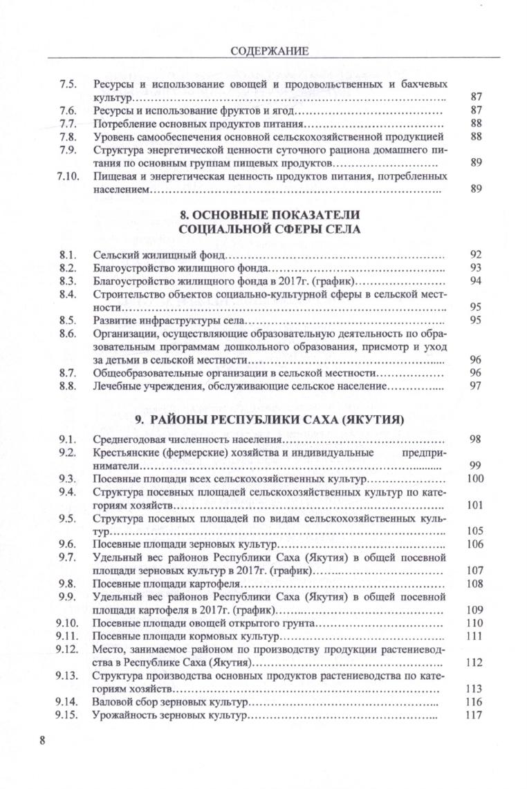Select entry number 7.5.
coord(67,84)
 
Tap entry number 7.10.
coord(65,176)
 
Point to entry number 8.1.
coord(67,254)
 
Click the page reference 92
coord(475,254)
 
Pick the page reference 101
coord(474,505)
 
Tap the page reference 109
coord(474,610)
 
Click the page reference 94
coord(475,281)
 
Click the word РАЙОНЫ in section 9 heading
coord(188,419)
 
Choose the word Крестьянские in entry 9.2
coord(127,453)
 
